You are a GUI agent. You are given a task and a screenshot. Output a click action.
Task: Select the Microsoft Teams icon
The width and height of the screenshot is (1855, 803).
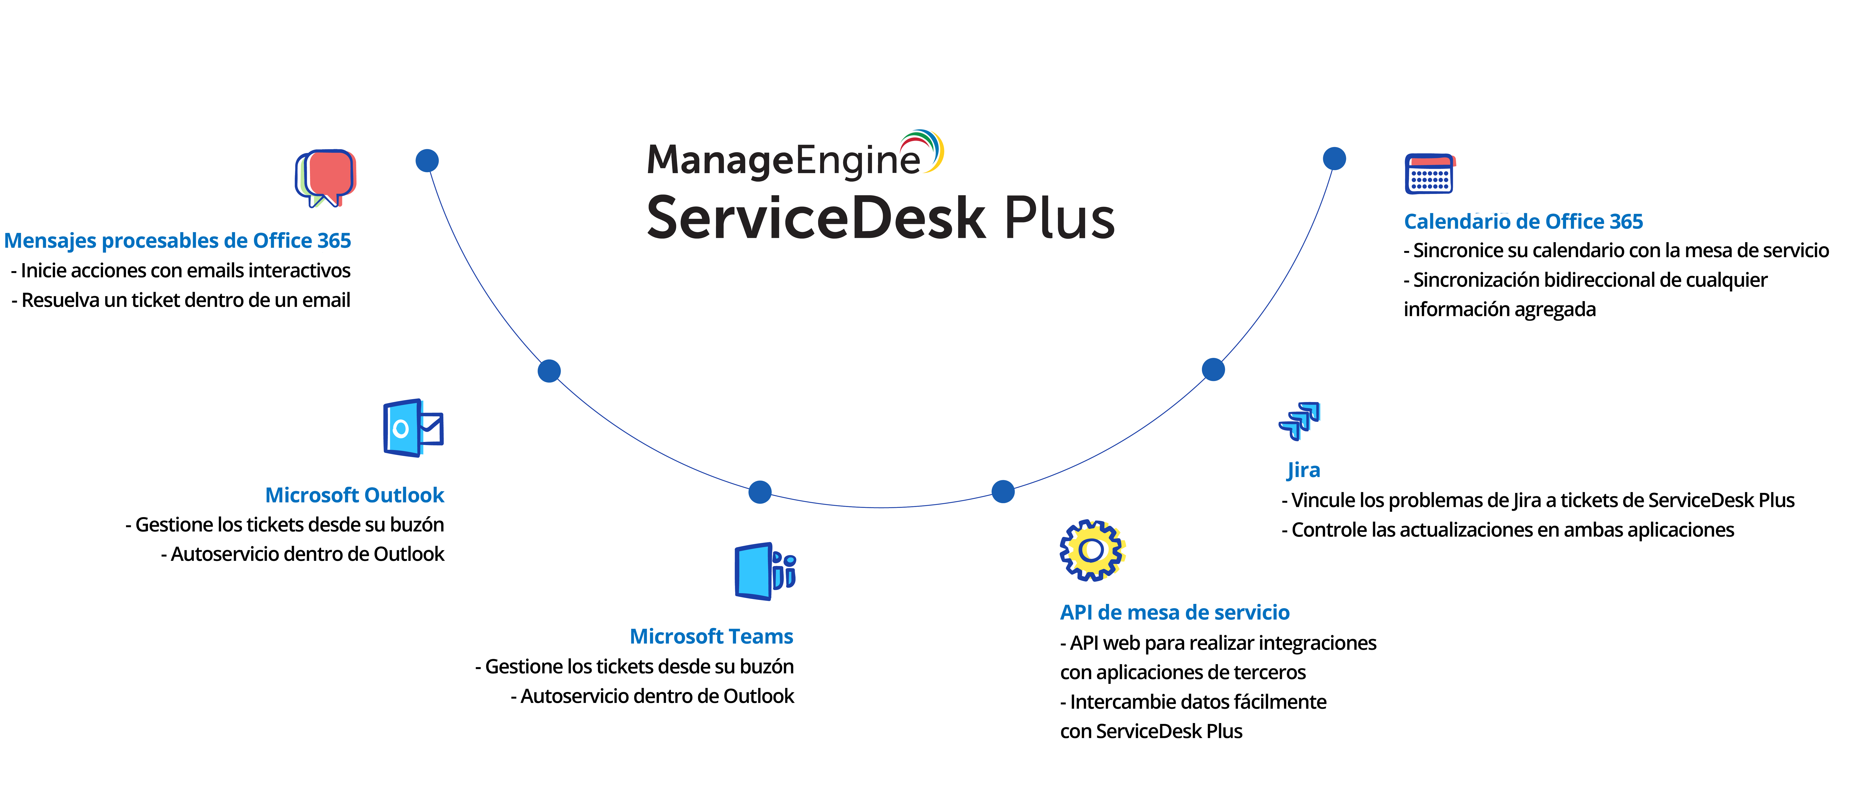click(764, 572)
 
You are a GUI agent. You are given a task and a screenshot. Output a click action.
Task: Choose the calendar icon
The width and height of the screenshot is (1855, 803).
click(1430, 174)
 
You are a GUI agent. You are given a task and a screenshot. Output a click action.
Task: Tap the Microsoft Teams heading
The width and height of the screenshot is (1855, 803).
click(711, 637)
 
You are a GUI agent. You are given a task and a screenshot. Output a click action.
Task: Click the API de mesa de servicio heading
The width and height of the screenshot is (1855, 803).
click(1175, 612)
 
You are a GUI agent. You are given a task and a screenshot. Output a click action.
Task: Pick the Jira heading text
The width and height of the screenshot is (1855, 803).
click(1303, 470)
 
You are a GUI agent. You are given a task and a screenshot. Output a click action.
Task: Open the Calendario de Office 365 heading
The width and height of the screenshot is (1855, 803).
click(1523, 221)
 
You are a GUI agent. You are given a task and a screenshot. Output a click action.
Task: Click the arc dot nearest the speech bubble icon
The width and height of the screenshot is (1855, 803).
click(427, 161)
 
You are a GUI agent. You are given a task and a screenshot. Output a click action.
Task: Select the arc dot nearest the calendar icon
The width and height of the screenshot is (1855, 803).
click(1334, 158)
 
